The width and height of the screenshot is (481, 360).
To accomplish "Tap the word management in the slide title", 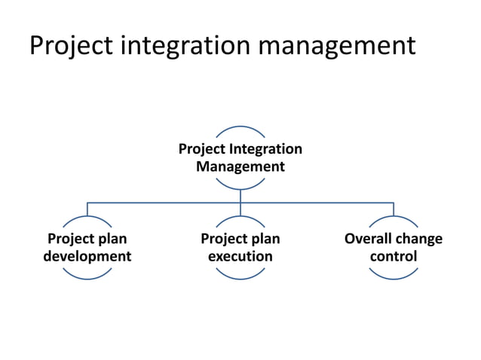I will click(x=337, y=45).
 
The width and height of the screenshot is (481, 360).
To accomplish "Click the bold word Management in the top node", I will click(x=240, y=166).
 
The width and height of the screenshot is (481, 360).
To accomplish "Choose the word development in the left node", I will click(x=87, y=257).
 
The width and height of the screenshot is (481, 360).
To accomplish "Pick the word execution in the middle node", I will click(x=240, y=257).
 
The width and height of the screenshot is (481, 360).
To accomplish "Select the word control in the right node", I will click(x=394, y=257).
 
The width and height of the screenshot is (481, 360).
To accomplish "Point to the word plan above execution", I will click(x=264, y=239).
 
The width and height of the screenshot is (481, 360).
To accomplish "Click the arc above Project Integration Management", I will click(x=240, y=127).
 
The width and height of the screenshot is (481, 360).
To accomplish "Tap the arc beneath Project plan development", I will click(x=87, y=278).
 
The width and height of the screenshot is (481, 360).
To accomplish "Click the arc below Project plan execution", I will click(x=240, y=278).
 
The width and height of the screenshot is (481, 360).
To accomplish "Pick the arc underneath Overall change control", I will click(x=394, y=278).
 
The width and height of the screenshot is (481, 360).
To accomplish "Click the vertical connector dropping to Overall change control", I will click(x=394, y=209).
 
